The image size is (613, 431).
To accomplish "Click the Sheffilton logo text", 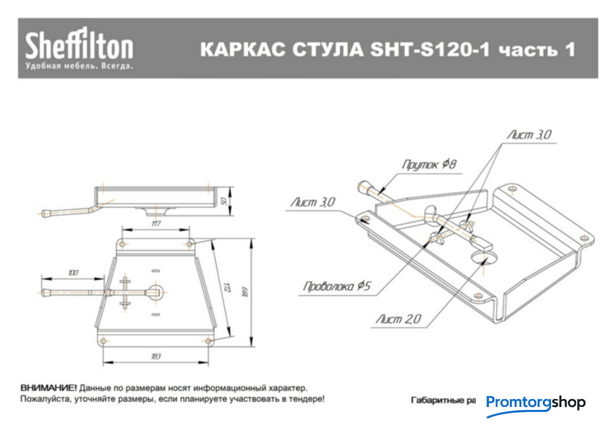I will click(x=80, y=45).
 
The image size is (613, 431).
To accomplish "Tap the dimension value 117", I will click(x=155, y=225).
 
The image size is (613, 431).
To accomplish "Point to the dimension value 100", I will click(x=73, y=273).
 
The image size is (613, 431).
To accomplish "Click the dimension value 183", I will click(x=155, y=356).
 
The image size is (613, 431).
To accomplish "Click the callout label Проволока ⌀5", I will click(x=337, y=286).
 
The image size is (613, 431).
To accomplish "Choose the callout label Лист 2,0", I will click(x=398, y=319).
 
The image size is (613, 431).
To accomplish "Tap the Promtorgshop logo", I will click(x=536, y=403).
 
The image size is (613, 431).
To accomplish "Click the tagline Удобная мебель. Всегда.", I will click(x=79, y=66).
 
